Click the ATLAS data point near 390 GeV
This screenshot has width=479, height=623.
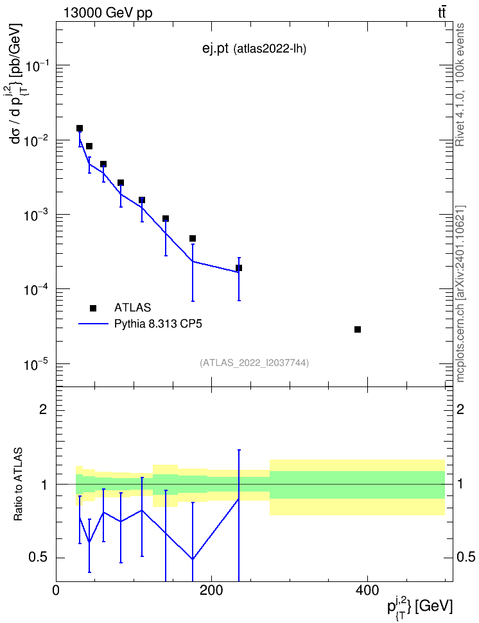click(358, 329)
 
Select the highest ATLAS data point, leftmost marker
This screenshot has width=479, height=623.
click(80, 128)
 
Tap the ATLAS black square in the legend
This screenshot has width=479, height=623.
click(92, 308)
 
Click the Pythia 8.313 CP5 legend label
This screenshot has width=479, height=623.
click(158, 324)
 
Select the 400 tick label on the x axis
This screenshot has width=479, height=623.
click(366, 590)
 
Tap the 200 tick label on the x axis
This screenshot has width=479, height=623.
click(211, 590)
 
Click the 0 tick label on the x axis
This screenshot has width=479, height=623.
click(56, 590)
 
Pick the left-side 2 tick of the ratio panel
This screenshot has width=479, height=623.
click(43, 409)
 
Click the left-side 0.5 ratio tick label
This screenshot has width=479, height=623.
click(39, 558)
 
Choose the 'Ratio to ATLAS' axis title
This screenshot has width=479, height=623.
click(19, 485)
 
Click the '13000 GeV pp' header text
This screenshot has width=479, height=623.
click(108, 13)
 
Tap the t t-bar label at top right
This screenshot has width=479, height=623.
click(442, 13)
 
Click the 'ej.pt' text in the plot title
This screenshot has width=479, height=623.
click(215, 49)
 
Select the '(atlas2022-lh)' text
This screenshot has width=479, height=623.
click(270, 49)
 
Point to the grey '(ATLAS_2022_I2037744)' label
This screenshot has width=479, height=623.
click(254, 363)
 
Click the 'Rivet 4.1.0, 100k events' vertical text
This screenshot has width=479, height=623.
click(460, 85)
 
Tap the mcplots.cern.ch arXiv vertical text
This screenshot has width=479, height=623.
click(460, 294)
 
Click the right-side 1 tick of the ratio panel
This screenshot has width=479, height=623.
click(460, 485)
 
